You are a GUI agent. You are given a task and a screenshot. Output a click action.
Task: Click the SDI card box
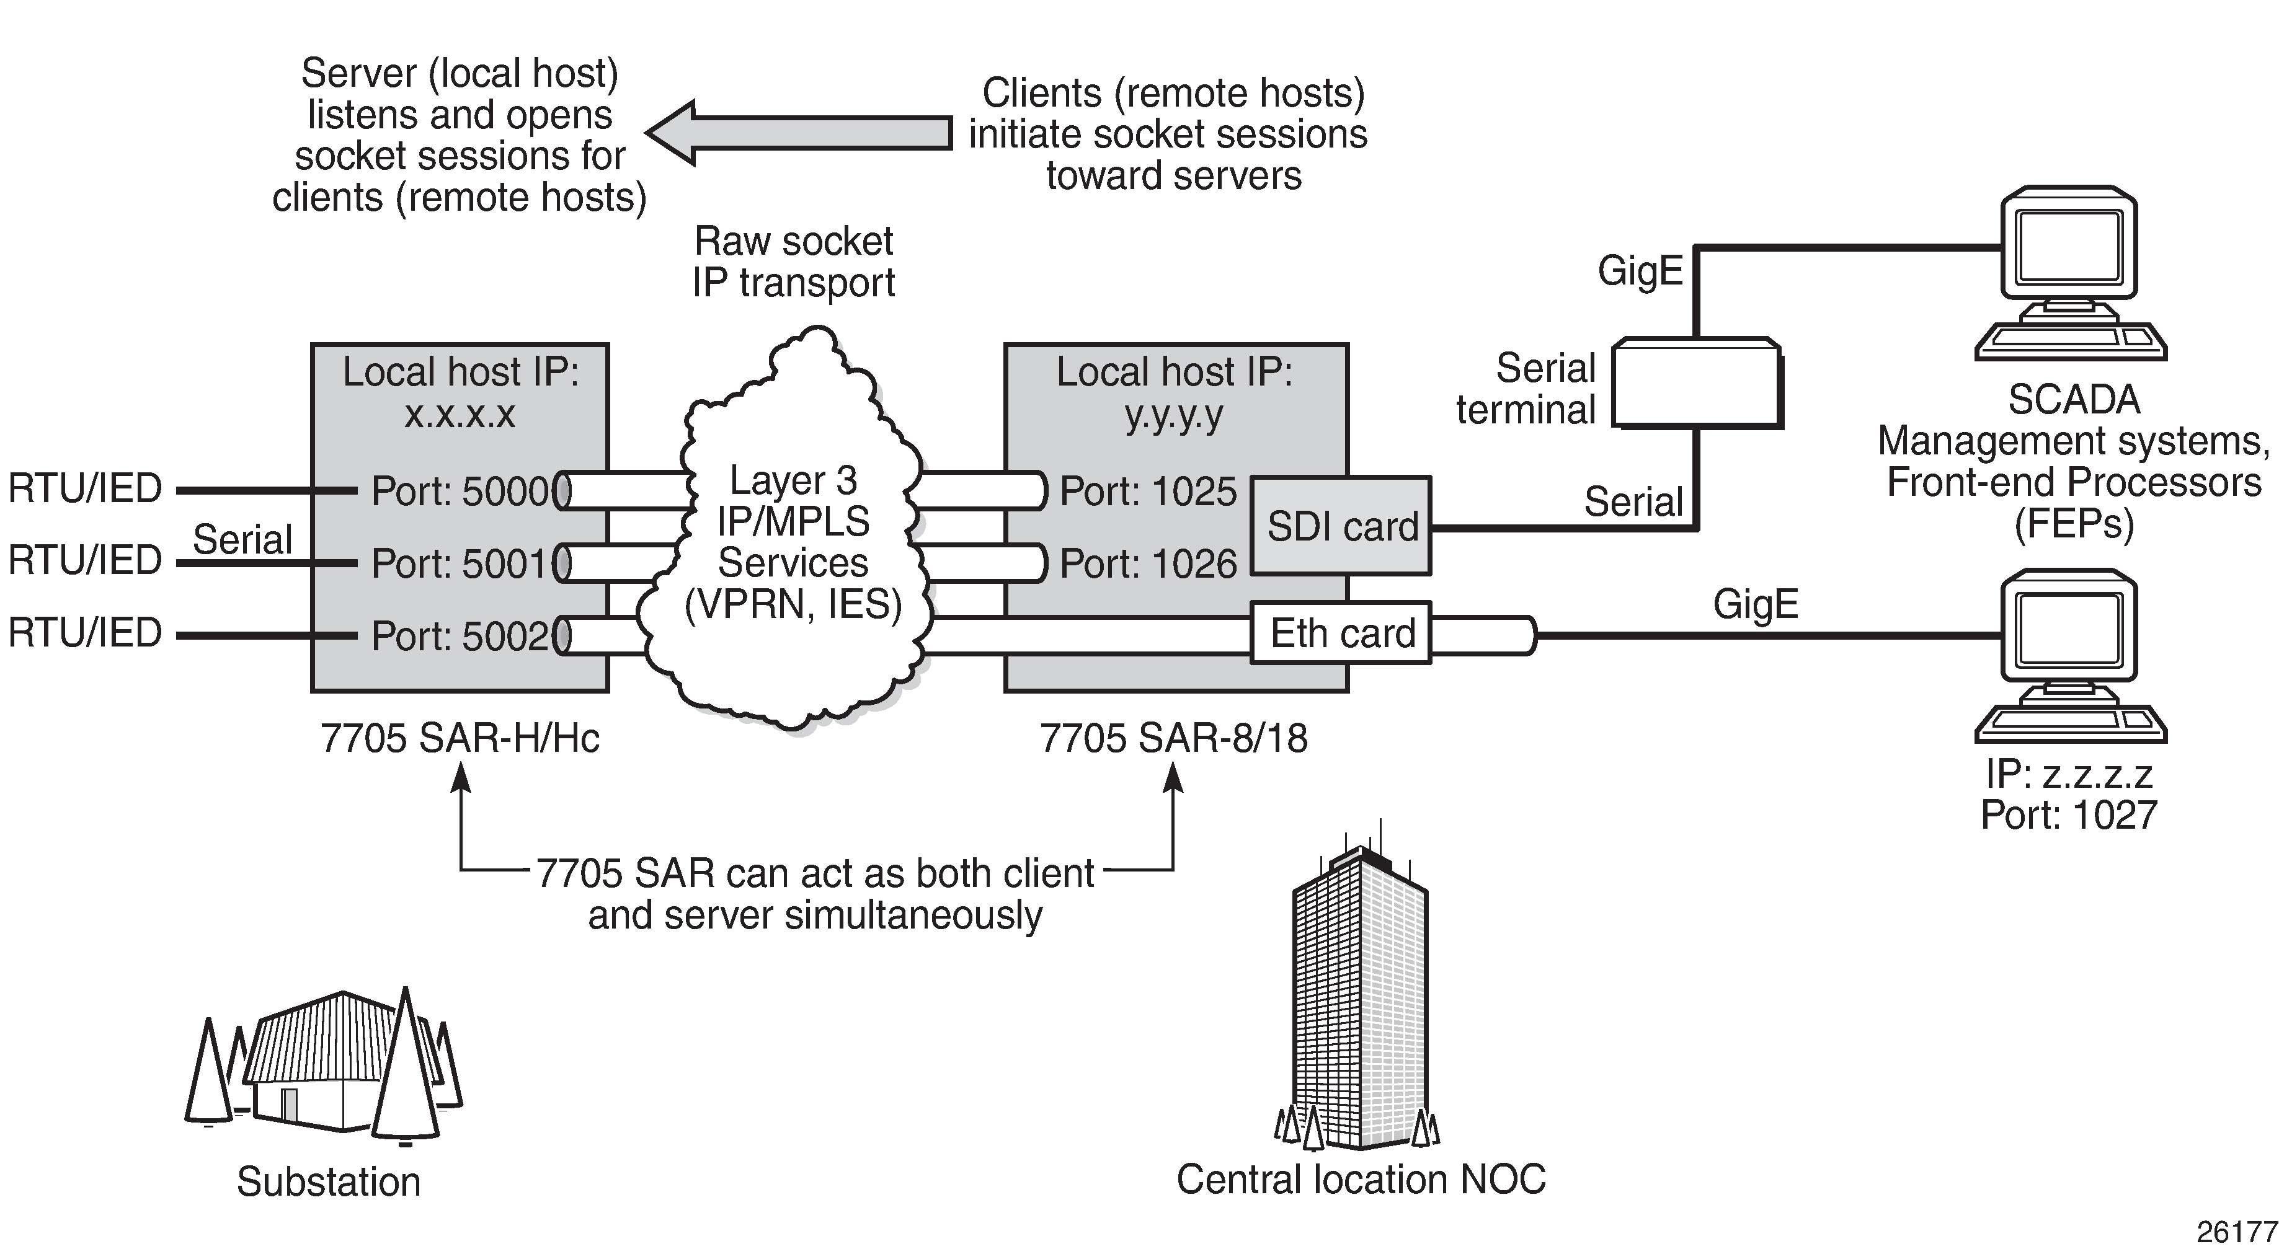pos(1341,526)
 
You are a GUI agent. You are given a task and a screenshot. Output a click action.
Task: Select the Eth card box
pos(1341,633)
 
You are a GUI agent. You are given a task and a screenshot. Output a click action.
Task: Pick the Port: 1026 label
pos(1147,563)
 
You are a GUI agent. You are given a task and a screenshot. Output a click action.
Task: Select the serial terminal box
pos(1696,383)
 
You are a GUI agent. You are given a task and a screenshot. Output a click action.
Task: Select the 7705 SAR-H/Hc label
pos(460,738)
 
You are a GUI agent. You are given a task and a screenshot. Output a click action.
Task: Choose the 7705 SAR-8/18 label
pos(1173,738)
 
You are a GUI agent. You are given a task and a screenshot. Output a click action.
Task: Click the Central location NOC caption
pos(1361,1179)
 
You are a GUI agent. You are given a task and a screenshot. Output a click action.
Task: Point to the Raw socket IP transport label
pos(794,262)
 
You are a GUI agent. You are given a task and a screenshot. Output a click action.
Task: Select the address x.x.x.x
pos(459,413)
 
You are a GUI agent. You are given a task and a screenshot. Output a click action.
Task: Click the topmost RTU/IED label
pos(85,488)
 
